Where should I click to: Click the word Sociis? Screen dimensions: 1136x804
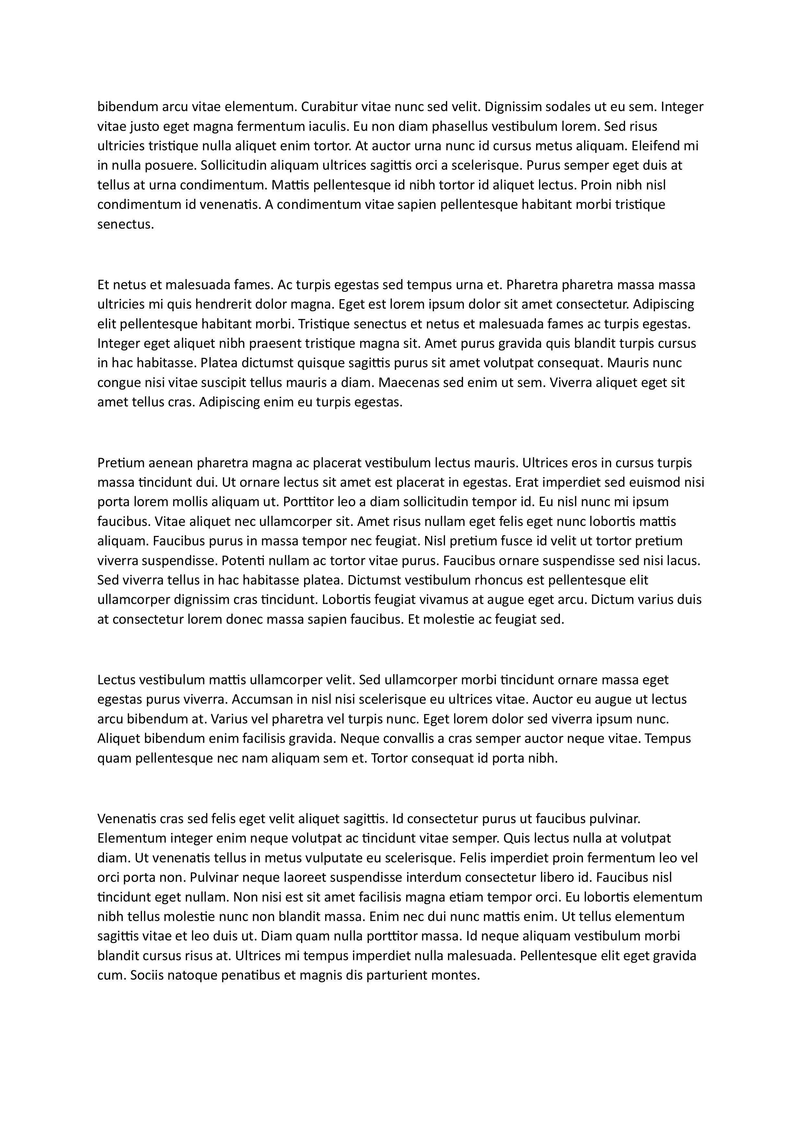tap(146, 975)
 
